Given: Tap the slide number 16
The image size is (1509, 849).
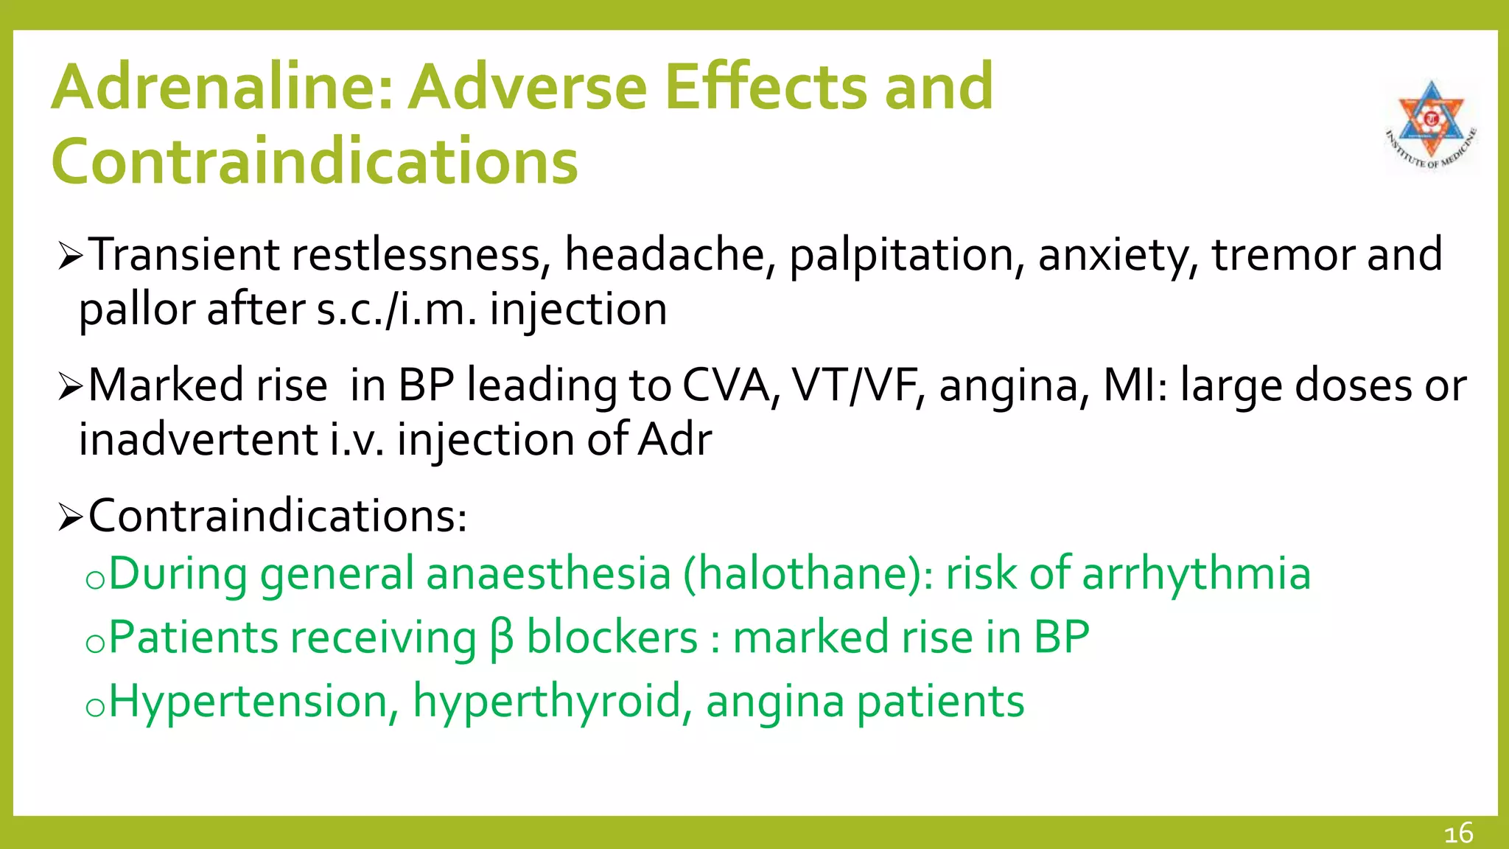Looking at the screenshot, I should (1458, 834).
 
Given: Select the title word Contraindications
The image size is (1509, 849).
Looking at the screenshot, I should (315, 161).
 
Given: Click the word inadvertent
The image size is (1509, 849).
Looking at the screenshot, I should (198, 440).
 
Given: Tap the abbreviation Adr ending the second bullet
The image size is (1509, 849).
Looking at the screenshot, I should (674, 440).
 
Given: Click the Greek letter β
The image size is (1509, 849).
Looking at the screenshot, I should (501, 638).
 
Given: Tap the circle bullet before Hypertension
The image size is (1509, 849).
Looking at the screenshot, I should (94, 708).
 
